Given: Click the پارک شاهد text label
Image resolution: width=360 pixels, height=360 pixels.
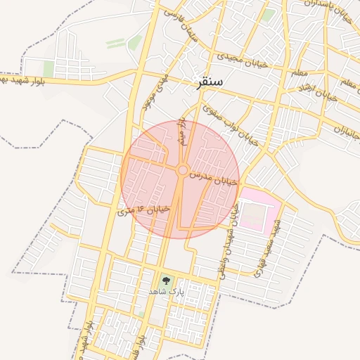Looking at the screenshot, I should (167, 290).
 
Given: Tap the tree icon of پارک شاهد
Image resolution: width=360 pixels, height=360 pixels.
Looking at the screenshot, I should (167, 279).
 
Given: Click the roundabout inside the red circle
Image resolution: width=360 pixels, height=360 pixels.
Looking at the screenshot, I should (182, 170).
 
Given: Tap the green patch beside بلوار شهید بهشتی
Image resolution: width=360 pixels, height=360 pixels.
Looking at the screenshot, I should (49, 68).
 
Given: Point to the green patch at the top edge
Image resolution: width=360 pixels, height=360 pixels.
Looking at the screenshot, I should (269, 14).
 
